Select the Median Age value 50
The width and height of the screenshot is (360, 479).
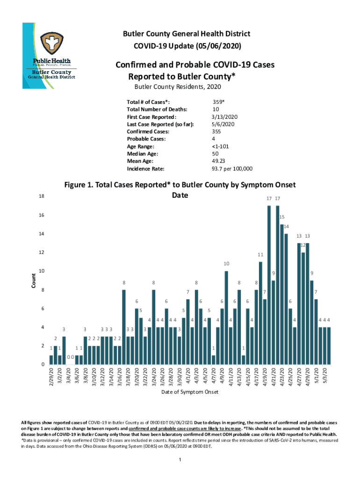tap(216, 154)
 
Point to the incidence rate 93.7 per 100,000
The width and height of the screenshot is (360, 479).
tap(232, 169)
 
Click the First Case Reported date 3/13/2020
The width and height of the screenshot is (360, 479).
tap(225, 116)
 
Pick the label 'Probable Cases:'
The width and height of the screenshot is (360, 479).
tap(146, 139)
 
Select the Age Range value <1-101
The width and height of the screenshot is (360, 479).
tap(220, 146)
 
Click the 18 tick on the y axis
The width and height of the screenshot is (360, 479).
tap(42, 197)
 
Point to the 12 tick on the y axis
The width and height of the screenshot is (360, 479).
tap(42, 253)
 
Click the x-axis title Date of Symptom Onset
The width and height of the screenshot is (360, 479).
tap(190, 392)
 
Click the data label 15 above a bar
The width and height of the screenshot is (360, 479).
tap(282, 218)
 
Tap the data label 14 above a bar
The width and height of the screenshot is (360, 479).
tap(286, 227)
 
